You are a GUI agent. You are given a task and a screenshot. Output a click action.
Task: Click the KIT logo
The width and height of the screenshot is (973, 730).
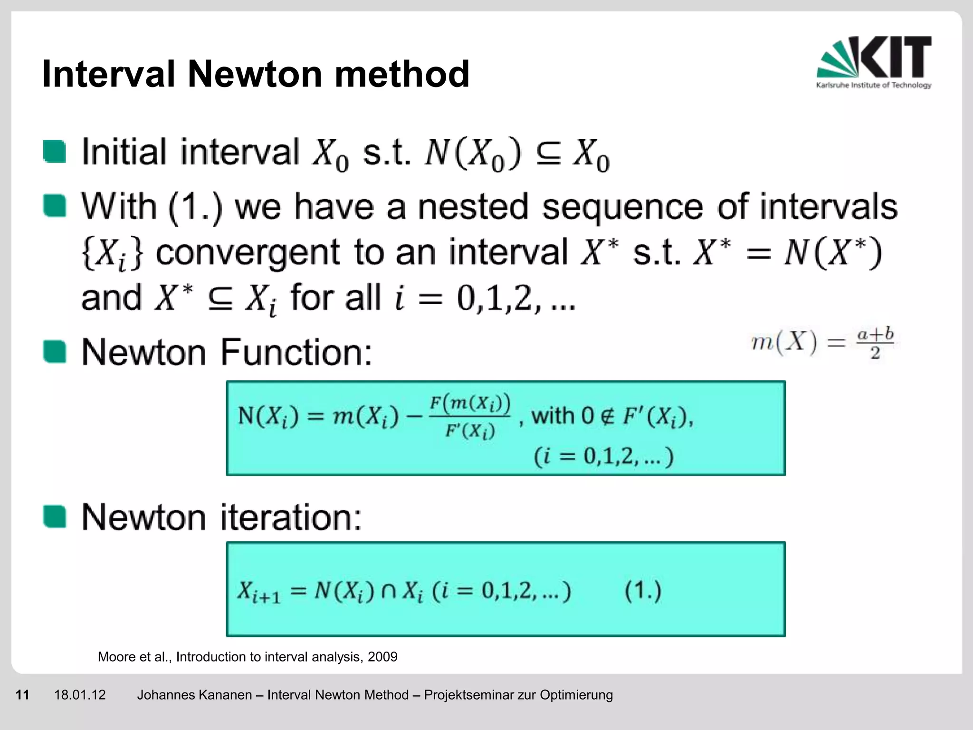[874, 62]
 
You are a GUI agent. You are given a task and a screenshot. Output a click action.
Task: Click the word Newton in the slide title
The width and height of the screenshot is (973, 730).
[255, 74]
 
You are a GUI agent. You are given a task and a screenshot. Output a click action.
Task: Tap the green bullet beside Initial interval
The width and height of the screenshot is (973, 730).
[55, 152]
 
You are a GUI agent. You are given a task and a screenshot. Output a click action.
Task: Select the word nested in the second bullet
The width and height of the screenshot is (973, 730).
[472, 207]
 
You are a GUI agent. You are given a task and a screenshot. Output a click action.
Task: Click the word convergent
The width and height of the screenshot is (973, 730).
[248, 253]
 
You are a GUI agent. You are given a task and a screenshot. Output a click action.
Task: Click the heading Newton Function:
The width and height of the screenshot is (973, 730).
[227, 352]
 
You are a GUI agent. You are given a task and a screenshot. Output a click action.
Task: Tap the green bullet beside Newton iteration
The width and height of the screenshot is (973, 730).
[55, 517]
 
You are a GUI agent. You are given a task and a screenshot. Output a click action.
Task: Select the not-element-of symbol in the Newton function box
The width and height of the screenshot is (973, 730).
[608, 416]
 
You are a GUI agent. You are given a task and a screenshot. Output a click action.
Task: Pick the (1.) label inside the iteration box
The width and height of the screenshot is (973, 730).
[643, 592]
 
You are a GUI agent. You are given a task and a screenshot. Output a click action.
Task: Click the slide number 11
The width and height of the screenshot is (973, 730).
[22, 695]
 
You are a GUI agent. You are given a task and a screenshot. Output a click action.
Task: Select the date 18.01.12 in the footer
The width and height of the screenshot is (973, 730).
[80, 695]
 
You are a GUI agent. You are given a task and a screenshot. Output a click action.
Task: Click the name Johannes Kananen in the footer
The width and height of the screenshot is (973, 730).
[194, 695]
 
